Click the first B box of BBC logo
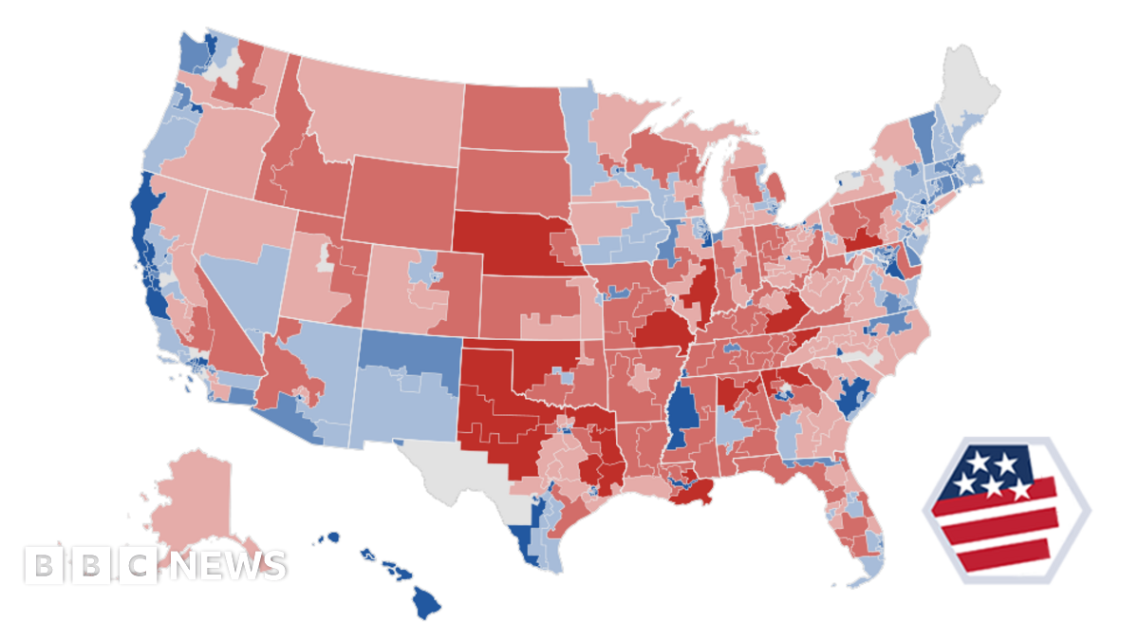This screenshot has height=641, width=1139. [x=43, y=565]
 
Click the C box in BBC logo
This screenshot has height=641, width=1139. [x=139, y=565]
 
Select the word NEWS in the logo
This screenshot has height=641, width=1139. [x=224, y=565]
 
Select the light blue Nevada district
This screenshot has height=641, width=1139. [x=237, y=285]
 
